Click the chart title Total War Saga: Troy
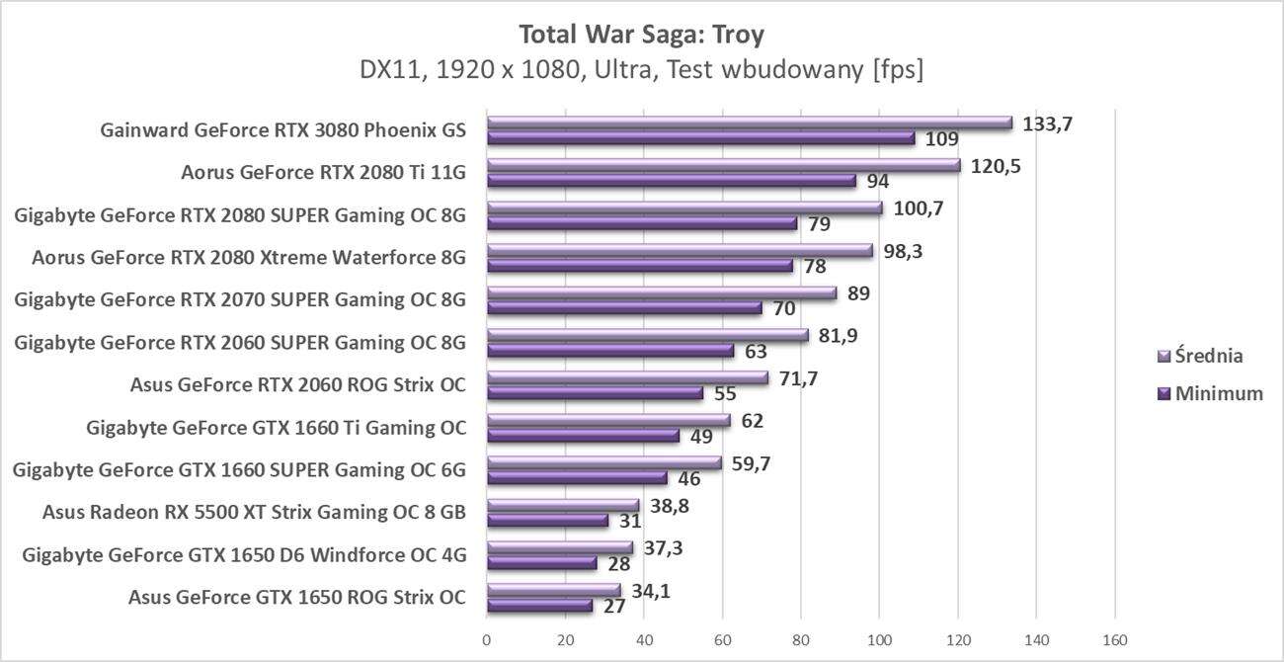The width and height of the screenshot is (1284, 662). (641, 35)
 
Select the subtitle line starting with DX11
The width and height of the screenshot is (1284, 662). (641, 71)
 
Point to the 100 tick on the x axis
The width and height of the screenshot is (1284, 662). (879, 640)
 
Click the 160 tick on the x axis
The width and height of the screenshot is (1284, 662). (1115, 640)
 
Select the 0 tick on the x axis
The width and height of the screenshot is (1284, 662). (486, 640)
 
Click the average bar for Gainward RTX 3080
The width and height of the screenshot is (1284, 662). (749, 123)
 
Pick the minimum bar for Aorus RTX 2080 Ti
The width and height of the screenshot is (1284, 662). (671, 181)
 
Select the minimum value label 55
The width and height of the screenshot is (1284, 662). (726, 393)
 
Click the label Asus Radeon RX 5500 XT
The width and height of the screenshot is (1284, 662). (254, 512)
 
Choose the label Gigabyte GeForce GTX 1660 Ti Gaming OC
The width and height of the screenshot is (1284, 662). (276, 428)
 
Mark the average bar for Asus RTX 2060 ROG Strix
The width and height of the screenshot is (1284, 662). (626, 377)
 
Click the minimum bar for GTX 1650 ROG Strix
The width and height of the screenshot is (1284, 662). (538, 606)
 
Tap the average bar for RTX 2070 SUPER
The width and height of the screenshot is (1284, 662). (661, 292)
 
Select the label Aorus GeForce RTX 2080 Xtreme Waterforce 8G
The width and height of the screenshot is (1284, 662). (248, 259)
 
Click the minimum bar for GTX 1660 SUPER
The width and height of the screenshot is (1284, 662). (576, 478)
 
